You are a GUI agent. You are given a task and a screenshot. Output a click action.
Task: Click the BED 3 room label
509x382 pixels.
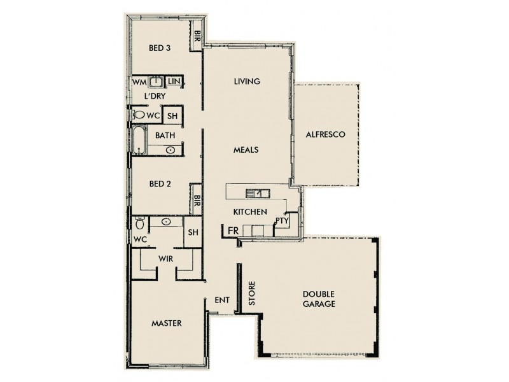click(x=159, y=48)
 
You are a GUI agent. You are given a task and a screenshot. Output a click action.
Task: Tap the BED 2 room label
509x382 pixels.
click(x=160, y=184)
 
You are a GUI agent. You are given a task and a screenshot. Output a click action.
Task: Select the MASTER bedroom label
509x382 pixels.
click(x=167, y=323)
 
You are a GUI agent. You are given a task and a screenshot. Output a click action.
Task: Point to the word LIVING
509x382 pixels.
click(x=248, y=81)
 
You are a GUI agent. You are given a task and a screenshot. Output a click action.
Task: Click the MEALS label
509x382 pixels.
click(x=245, y=150)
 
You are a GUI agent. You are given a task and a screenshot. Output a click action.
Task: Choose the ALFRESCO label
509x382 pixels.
click(x=325, y=134)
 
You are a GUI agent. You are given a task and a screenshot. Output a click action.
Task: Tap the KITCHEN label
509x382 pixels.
click(x=249, y=211)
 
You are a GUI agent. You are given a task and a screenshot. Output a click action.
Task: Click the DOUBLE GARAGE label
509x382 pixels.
click(x=319, y=299)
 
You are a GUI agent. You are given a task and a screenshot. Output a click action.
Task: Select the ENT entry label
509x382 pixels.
click(x=222, y=300)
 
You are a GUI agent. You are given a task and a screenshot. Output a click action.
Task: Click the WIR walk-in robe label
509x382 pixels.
click(x=166, y=258)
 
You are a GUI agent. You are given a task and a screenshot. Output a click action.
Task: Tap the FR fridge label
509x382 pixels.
click(x=234, y=229)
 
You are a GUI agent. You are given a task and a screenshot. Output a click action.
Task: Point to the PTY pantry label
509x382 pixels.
click(x=282, y=221)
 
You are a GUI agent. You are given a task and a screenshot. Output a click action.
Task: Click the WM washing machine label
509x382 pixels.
click(x=139, y=82)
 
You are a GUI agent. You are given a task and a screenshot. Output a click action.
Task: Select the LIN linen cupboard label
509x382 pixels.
click(x=174, y=82)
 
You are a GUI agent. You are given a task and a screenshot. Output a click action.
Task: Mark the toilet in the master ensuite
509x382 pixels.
click(x=141, y=223)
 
